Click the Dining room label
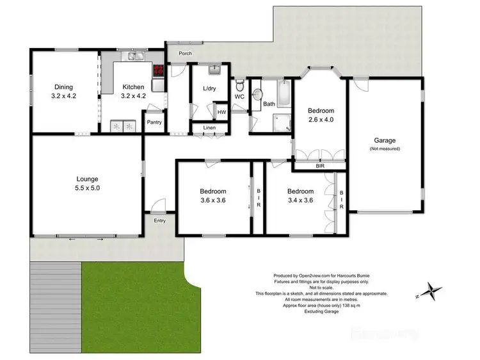point(63,87)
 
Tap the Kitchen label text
point(134,87)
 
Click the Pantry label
point(154,122)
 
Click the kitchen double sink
point(135,60)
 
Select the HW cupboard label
point(221,112)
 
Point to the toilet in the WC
point(239,85)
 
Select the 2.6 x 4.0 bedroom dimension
point(321,119)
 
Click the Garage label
point(385,140)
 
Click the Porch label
point(185,53)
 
